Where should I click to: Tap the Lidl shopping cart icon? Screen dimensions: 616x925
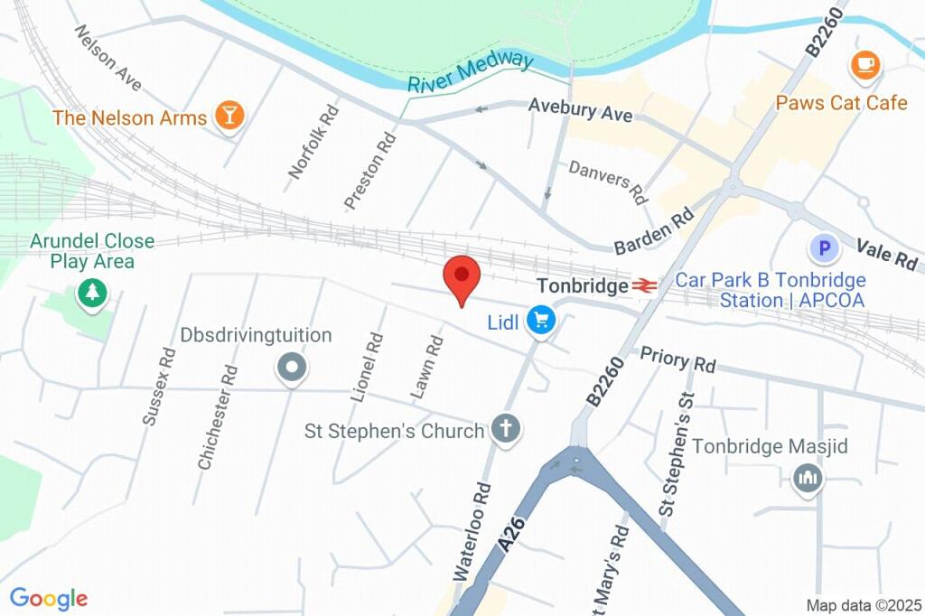(541, 320)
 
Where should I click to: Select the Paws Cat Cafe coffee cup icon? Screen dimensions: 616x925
(865, 64)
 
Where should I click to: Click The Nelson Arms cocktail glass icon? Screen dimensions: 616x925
(229, 116)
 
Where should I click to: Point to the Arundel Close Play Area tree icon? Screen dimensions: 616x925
(91, 292)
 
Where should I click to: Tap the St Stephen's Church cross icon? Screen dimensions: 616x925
(506, 430)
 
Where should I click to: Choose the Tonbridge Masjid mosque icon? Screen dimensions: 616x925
(807, 478)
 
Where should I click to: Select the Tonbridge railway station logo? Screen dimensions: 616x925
(643, 285)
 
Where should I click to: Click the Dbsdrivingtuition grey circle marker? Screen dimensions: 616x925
(292, 368)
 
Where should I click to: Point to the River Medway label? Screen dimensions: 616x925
(470, 72)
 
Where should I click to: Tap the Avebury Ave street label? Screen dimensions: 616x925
(580, 110)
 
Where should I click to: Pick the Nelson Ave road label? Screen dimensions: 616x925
(108, 57)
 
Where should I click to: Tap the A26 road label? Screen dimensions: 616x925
(510, 531)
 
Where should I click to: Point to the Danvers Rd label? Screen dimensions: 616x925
(608, 181)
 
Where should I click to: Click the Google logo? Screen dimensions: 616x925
(48, 598)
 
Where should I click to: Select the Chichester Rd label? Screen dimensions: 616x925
(218, 417)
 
